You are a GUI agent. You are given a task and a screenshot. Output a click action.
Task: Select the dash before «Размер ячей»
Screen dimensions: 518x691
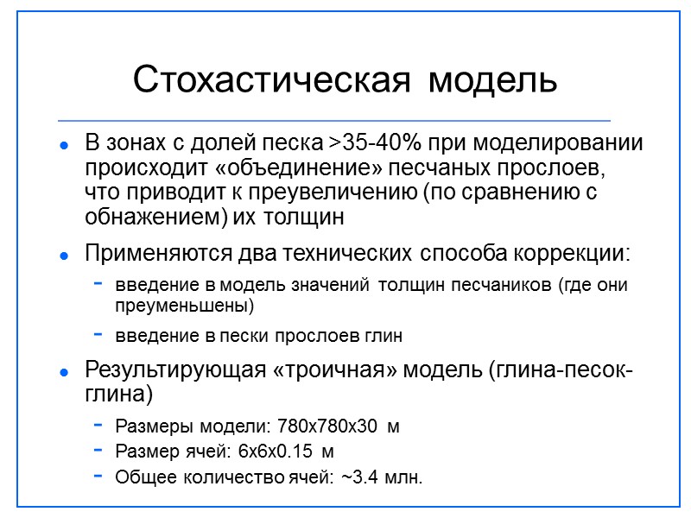pyautogui.click(x=99, y=451)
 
